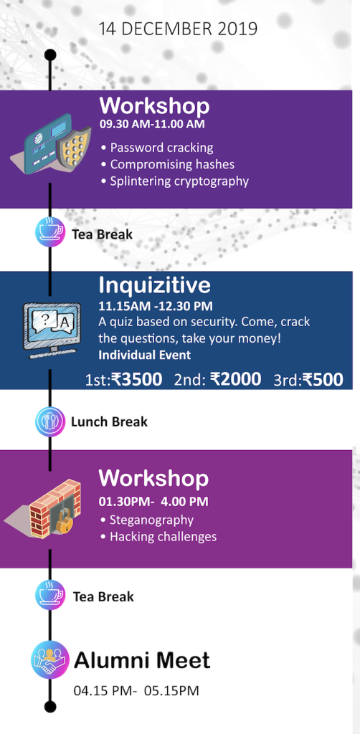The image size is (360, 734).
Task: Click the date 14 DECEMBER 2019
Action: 178,29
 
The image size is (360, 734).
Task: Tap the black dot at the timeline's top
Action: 50,55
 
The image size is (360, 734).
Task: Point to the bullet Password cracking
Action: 157,148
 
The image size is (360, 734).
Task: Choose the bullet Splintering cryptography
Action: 174,181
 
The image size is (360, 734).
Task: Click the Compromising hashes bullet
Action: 168,164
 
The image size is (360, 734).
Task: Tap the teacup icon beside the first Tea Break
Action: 51,232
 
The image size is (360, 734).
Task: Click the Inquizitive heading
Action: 154,285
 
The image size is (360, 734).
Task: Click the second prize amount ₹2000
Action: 235,378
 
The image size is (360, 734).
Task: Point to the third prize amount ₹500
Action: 323,379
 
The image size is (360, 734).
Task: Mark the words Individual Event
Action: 145,355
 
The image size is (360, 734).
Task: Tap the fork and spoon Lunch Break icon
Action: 50,421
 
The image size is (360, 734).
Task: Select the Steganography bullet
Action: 146,520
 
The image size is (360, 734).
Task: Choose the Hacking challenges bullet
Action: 158,536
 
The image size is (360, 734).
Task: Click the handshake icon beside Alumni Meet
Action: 50,660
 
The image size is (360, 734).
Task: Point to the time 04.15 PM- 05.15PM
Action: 136,690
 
